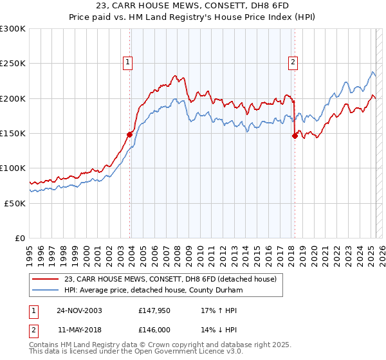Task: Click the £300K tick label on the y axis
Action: tap(13, 29)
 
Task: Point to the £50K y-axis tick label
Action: tap(15, 203)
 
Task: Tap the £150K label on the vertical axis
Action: tap(13, 134)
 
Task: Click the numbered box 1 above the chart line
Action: tap(127, 62)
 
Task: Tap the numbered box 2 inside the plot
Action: tap(293, 62)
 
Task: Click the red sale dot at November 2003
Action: tap(130, 134)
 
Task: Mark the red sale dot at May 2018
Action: tap(295, 136)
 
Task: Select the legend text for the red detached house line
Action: tap(170, 279)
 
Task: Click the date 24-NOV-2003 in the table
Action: tap(79, 310)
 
